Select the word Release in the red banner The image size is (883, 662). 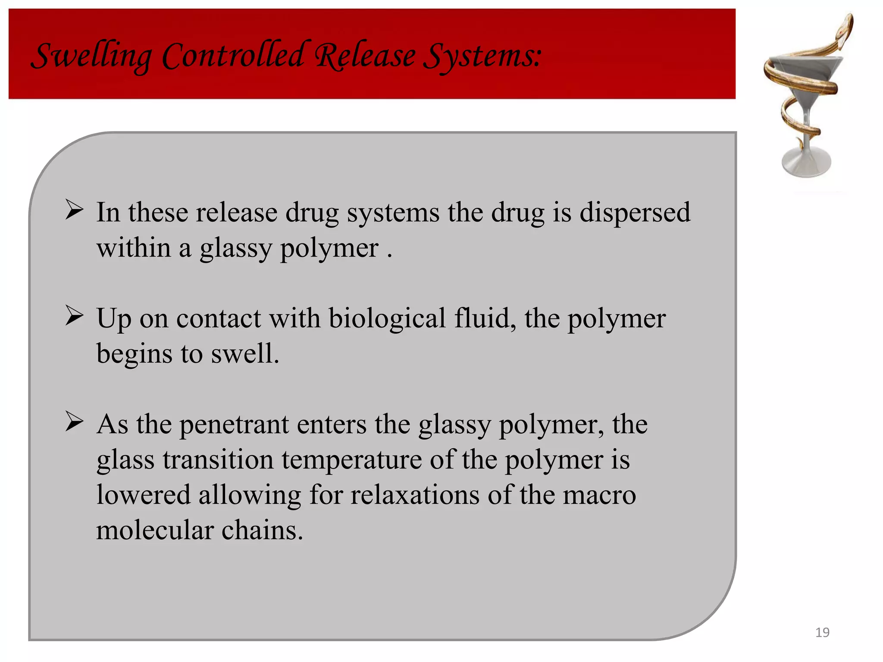tap(365, 56)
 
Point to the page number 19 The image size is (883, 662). tap(822, 632)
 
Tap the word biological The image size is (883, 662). tap(387, 319)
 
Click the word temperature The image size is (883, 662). tap(351, 460)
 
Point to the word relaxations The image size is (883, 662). tap(414, 495)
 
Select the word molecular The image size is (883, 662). tap(154, 530)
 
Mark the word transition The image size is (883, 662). tap(218, 460)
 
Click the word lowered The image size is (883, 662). tap(143, 495)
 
